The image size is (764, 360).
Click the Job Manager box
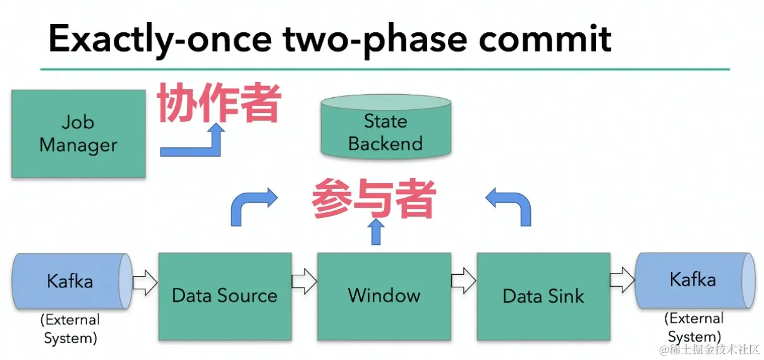coord(78,134)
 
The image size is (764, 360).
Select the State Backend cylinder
coord(386,127)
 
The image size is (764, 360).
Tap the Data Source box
coord(225,296)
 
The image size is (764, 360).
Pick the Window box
coord(384,296)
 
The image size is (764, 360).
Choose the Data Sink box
coord(543,296)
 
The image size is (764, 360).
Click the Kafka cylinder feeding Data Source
coord(72,281)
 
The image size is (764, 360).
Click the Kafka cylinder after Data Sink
coord(695,280)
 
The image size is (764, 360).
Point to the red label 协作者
coord(219,102)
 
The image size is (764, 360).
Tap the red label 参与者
coord(374,198)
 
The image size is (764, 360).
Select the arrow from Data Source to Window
coord(305,281)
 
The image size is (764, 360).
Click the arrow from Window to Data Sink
coord(464,280)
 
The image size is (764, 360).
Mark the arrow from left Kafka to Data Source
coord(145,282)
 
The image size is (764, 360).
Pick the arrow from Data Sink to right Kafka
coord(622,280)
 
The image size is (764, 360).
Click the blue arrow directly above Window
coord(376,232)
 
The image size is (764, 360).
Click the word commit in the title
coord(545,39)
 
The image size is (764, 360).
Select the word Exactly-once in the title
coord(161,41)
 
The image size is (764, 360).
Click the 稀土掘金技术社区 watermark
coord(710,349)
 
